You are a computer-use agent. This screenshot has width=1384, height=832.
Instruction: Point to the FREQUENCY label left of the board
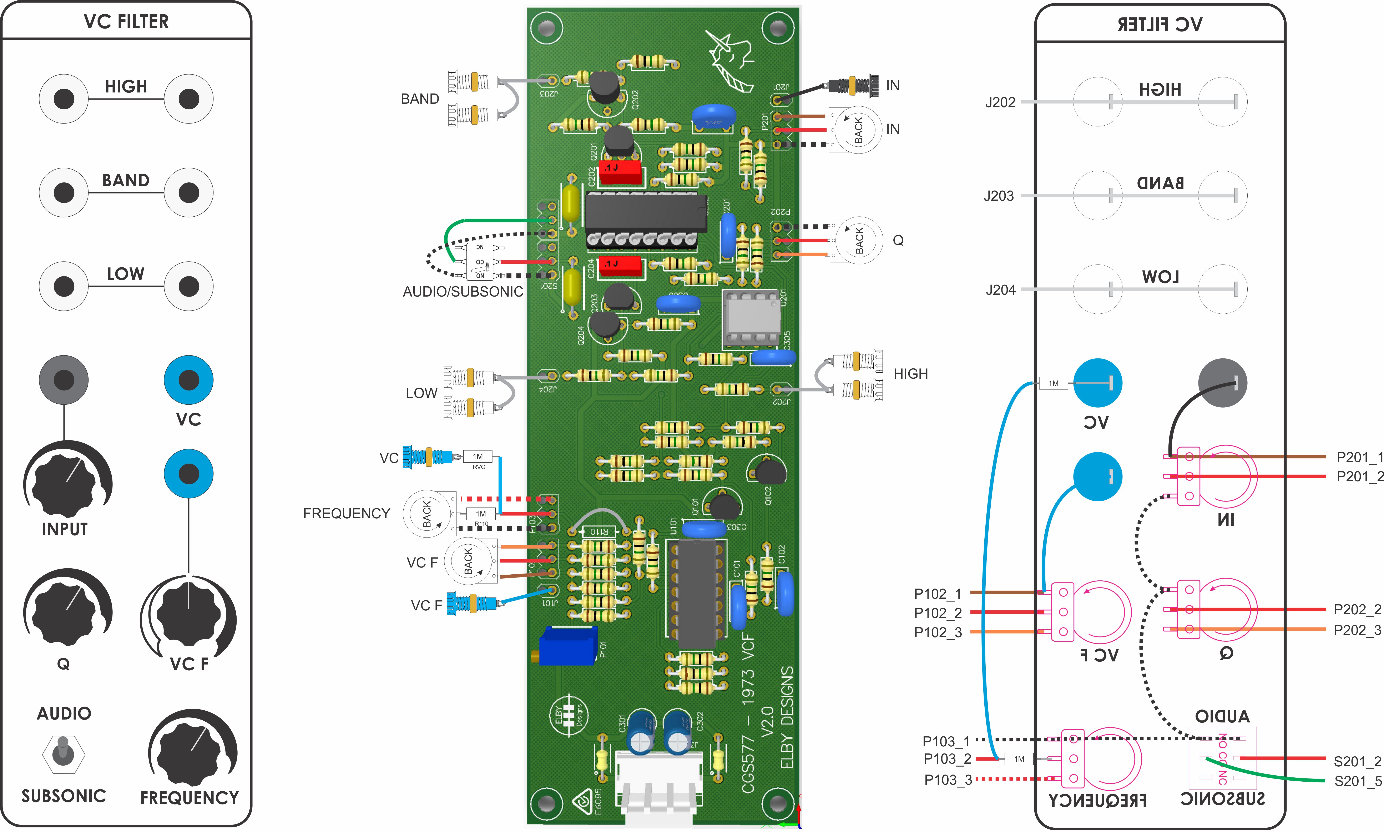(347, 514)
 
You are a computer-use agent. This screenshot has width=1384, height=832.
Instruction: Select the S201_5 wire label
(1358, 781)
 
